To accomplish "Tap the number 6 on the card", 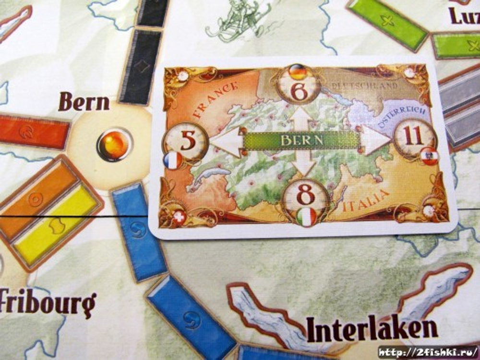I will click(x=299, y=91).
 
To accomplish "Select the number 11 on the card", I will click(x=414, y=136).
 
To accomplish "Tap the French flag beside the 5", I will click(x=172, y=160).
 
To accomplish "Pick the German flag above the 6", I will click(x=298, y=72).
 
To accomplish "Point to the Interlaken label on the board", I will click(x=372, y=329).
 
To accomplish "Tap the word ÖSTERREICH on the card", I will click(x=403, y=117).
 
